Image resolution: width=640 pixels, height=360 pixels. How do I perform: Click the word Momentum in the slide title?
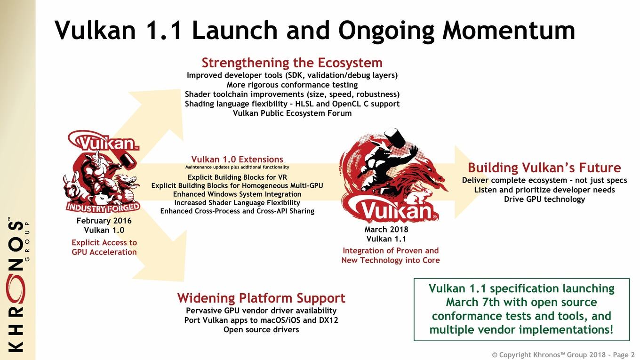pos(509,31)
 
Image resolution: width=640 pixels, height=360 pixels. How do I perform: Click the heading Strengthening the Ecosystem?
pos(292,63)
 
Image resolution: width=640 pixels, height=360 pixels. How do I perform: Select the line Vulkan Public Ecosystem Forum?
pos(292,113)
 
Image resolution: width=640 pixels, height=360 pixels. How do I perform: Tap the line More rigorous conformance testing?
pos(292,85)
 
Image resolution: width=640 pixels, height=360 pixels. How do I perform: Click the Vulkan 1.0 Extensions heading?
pos(237,159)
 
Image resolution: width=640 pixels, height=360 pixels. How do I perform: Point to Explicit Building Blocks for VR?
pos(237,177)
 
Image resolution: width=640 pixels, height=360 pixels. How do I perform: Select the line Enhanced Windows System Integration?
pos(237,194)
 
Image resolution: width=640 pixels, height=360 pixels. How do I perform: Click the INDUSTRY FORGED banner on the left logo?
pos(103,208)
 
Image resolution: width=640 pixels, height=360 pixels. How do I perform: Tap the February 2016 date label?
pos(104,221)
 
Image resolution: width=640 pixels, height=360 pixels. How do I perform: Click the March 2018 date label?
pos(386,230)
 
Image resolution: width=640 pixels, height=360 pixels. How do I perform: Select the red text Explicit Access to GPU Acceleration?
pos(104,248)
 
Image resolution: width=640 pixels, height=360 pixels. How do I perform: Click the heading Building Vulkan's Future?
pos(544,168)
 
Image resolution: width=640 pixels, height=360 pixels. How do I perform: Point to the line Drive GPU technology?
pos(544,200)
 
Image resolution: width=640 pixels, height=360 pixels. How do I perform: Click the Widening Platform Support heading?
pos(261,298)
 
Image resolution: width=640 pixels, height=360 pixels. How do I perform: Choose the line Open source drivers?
pos(261,330)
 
